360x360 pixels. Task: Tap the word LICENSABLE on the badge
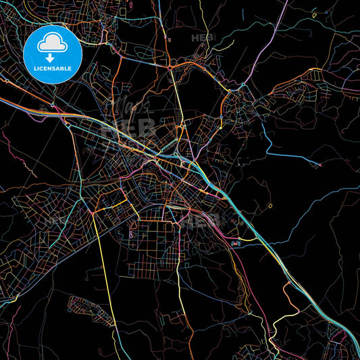pyautogui.click(x=53, y=68)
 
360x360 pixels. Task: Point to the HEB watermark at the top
pyautogui.click(x=202, y=38)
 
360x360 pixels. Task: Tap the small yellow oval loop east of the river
pyautogui.click(x=270, y=205)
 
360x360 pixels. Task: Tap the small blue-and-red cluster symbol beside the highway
pyautogui.click(x=235, y=242)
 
